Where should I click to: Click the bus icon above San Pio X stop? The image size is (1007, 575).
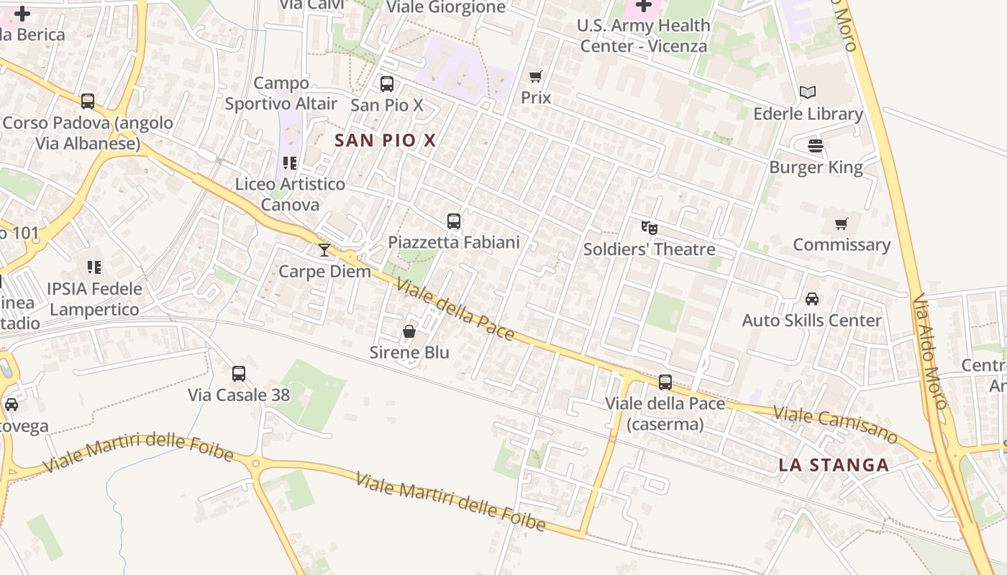[387, 84]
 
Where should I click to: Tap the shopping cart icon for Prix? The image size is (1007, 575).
[535, 76]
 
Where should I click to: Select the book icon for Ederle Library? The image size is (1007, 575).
[808, 93]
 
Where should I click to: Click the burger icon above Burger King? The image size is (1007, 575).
[816, 146]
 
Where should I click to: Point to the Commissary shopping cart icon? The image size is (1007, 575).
[842, 224]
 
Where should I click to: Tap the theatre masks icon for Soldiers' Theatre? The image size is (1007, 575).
[649, 228]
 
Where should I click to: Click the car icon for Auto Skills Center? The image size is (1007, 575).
[811, 299]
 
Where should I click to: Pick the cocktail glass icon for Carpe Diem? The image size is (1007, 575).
[324, 250]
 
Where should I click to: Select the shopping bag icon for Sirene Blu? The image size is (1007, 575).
[409, 331]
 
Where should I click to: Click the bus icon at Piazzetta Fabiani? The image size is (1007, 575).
[454, 221]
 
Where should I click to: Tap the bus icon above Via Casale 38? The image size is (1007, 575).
[239, 374]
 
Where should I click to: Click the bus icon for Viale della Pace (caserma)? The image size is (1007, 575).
[665, 382]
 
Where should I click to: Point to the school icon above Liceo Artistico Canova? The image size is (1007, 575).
[290, 163]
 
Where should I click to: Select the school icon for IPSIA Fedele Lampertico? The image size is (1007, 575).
[94, 267]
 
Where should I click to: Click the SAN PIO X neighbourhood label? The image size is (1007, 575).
[386, 140]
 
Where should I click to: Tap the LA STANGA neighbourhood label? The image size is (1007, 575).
[834, 465]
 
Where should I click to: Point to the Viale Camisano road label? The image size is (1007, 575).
[835, 425]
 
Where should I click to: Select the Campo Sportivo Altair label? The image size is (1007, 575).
[281, 93]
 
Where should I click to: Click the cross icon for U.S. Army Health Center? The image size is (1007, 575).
[644, 6]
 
